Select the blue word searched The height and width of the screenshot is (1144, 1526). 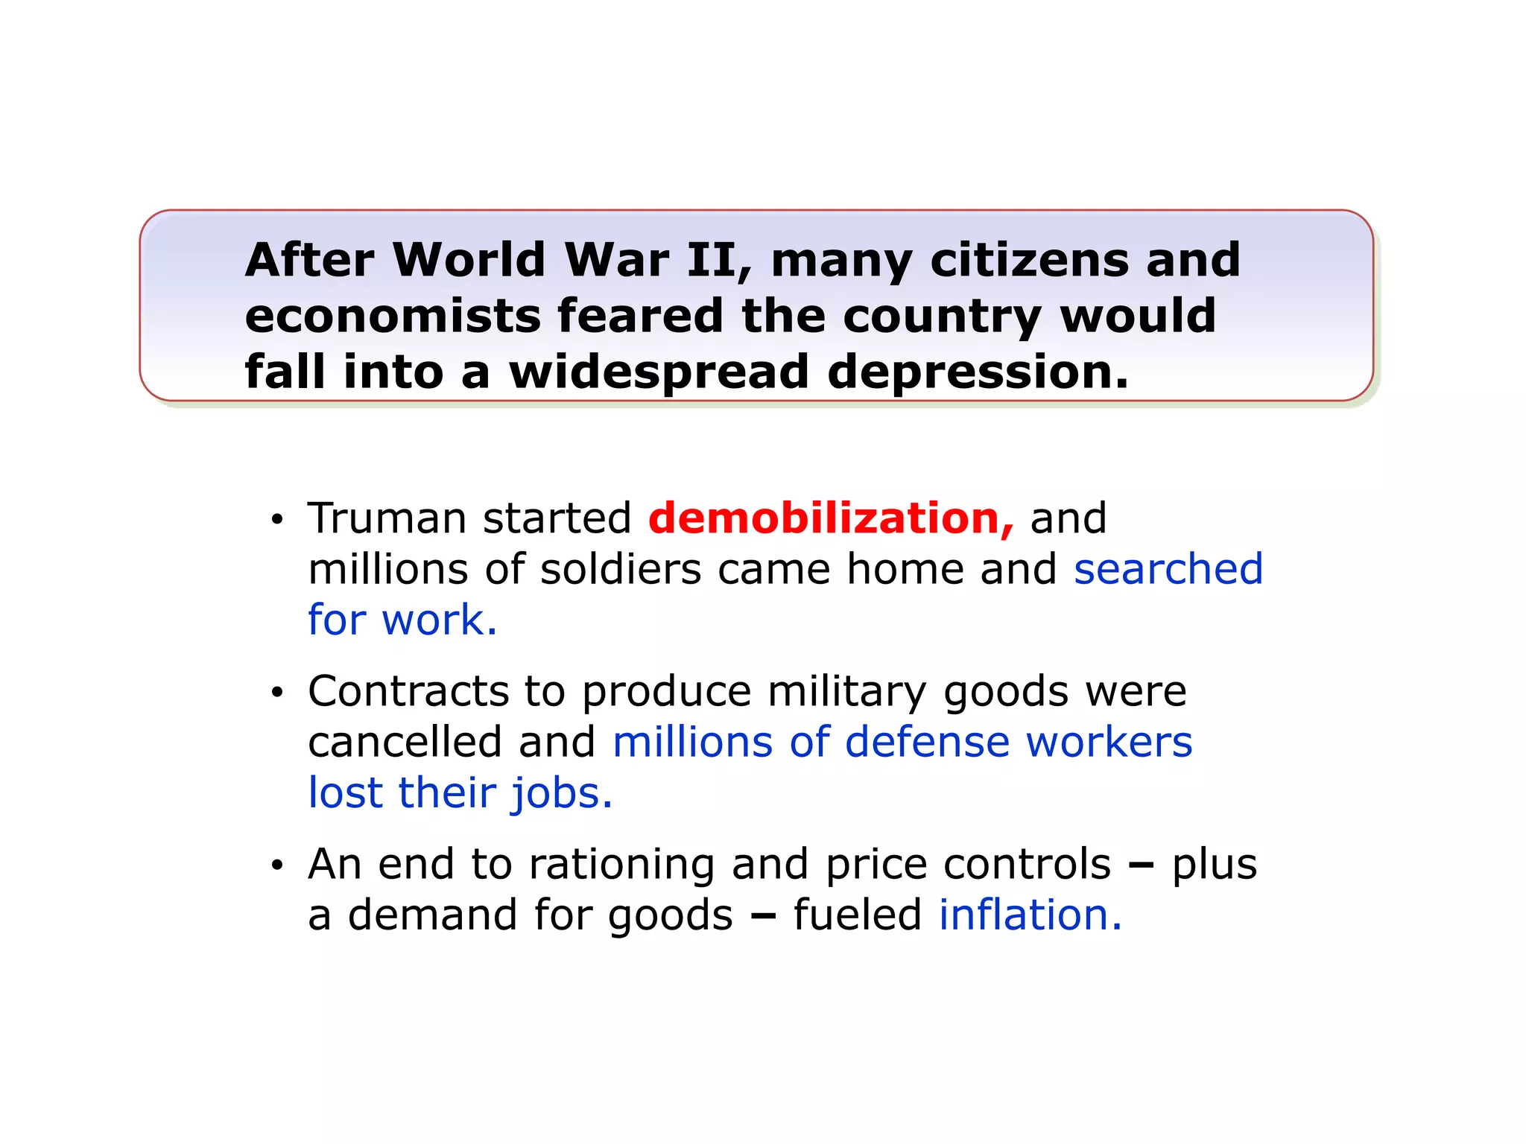1168,569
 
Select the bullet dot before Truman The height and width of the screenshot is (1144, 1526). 277,520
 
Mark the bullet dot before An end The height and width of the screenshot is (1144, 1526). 277,865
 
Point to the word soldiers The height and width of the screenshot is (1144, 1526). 620,569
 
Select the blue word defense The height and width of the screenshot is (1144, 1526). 927,742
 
